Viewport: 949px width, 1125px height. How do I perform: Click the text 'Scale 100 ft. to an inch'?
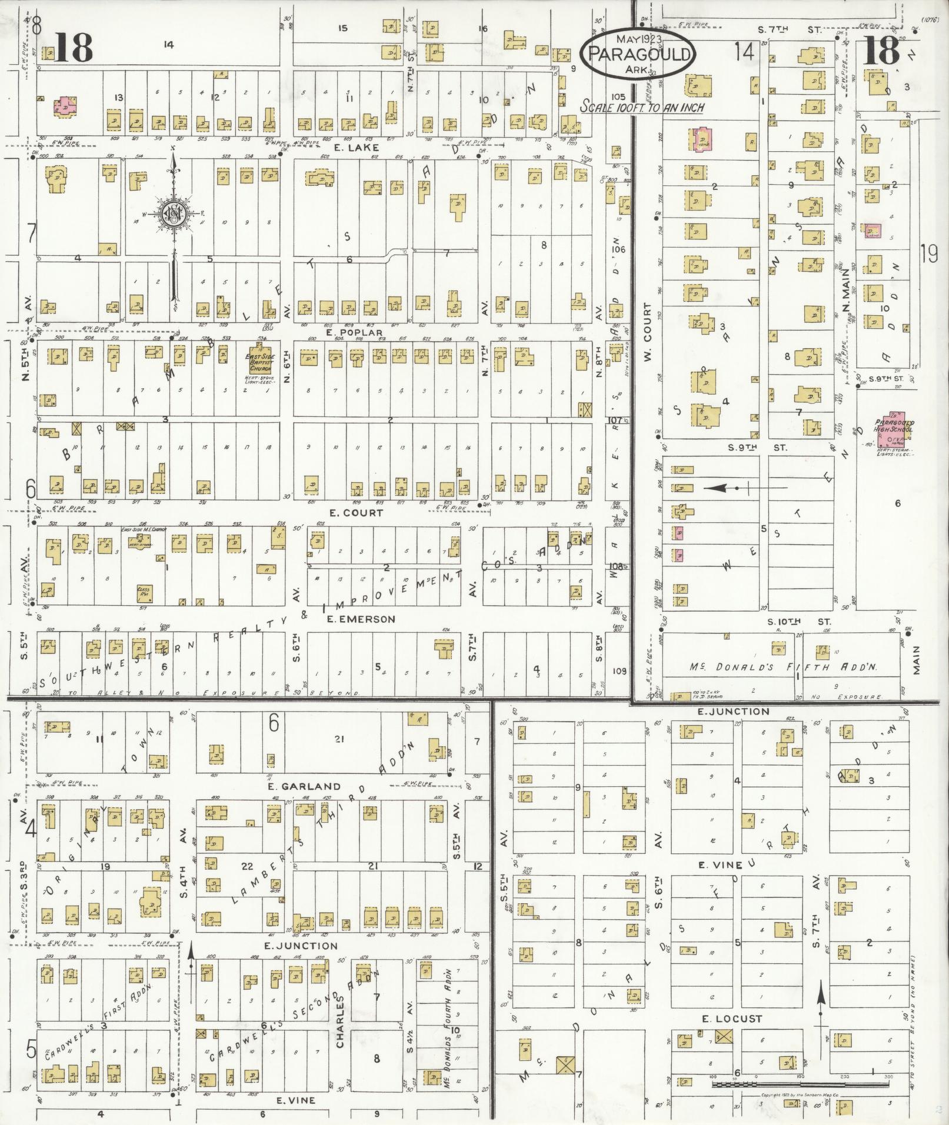point(642,107)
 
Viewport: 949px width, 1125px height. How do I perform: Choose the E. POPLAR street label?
point(354,333)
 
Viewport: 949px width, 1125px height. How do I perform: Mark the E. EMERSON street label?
point(361,619)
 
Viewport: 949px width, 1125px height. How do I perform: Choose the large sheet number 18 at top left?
point(74,48)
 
